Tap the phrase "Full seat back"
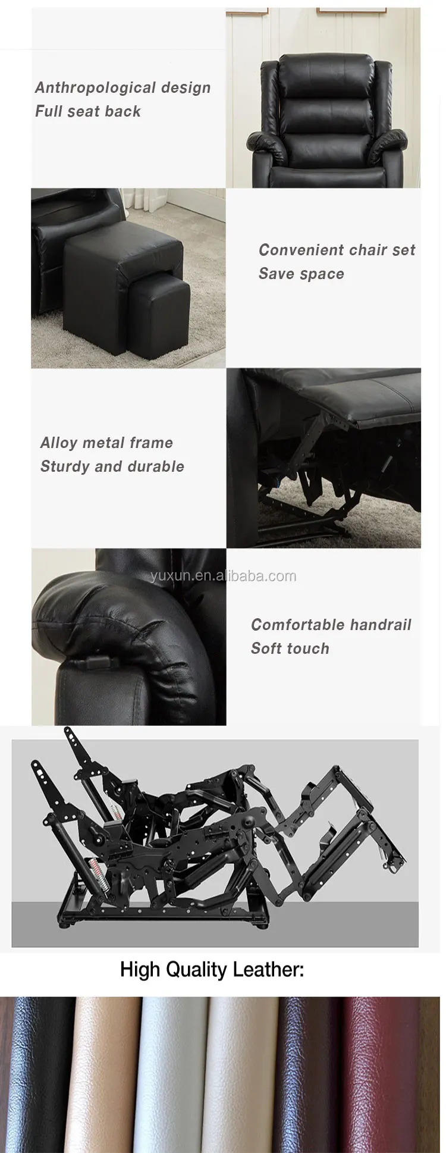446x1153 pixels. (88, 111)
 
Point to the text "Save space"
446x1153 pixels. (301, 274)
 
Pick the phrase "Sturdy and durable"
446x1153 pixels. (112, 466)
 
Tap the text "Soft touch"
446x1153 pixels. (290, 648)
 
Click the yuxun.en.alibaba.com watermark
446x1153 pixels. (223, 575)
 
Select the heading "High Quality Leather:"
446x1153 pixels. (212, 970)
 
